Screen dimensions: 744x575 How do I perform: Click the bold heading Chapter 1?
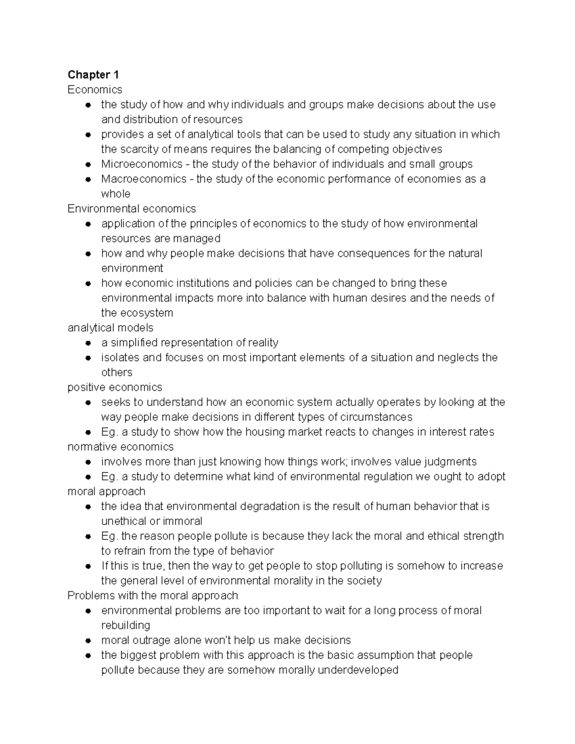click(x=93, y=75)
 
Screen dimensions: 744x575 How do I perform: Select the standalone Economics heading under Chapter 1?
click(x=95, y=90)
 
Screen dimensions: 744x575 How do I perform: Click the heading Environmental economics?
click(x=132, y=209)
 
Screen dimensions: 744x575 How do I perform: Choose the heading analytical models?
click(x=110, y=328)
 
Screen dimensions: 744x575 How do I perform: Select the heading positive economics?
click(x=115, y=387)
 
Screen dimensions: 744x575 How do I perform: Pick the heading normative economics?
click(x=120, y=446)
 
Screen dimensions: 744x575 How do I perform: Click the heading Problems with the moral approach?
click(x=152, y=595)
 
